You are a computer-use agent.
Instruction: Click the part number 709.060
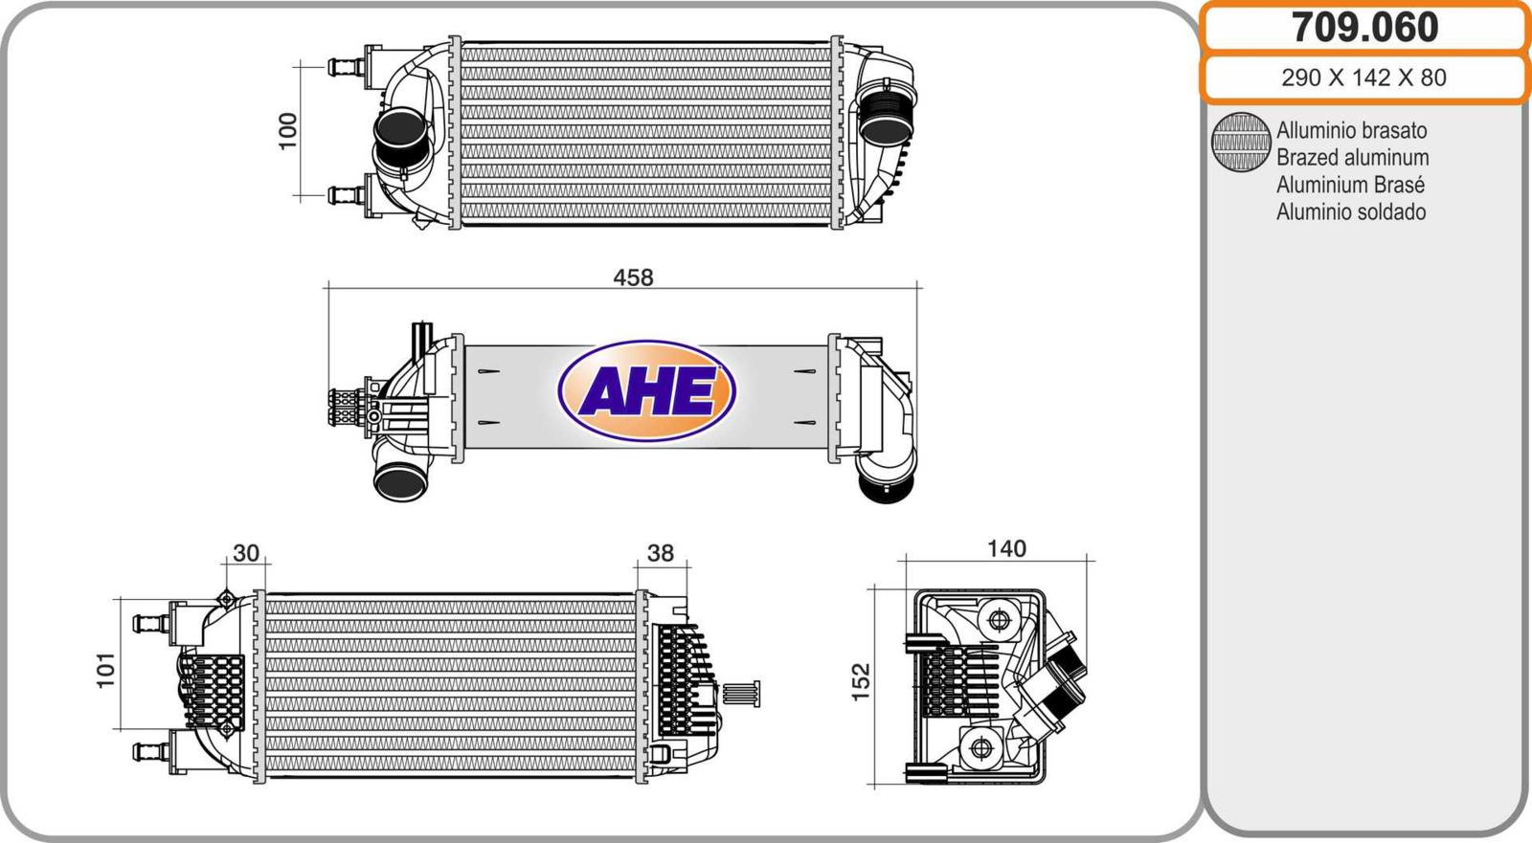[x=1364, y=28]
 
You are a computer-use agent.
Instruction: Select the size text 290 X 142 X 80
[x=1363, y=78]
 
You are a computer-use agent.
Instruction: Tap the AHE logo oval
[x=646, y=390]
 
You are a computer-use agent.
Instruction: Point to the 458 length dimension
[x=633, y=277]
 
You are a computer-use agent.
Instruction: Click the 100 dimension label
[x=288, y=131]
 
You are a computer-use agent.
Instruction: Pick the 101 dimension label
[x=105, y=670]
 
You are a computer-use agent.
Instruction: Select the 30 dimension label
[x=246, y=552]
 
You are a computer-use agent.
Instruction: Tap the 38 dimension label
[x=660, y=552]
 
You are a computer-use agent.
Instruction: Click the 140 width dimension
[x=1006, y=548]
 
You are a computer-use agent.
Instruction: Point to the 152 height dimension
[x=861, y=681]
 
